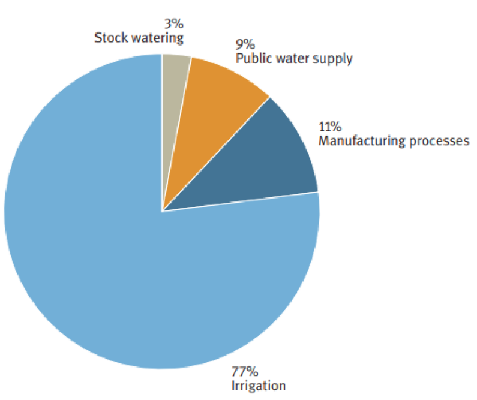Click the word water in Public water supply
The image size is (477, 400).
(x=292, y=59)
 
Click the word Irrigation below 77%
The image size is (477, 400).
(x=259, y=385)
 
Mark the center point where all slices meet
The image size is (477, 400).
(x=162, y=211)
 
